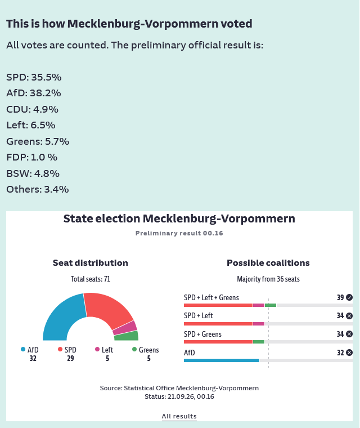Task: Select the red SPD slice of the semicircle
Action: tap(109, 309)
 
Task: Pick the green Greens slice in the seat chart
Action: tap(127, 336)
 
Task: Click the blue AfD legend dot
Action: tap(23, 349)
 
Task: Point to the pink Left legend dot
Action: tap(97, 349)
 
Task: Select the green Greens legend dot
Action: tap(134, 349)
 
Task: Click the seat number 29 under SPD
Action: tap(70, 358)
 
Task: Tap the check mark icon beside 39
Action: tap(349, 297)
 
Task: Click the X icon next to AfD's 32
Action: tap(349, 353)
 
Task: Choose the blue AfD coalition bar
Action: tap(222, 360)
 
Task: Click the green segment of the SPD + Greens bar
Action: tap(259, 342)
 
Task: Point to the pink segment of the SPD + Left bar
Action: tap(259, 324)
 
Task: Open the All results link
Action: tap(179, 417)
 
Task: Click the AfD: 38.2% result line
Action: tap(34, 93)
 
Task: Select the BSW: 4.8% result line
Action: tap(33, 173)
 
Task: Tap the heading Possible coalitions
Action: tap(268, 263)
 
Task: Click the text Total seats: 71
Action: tap(91, 279)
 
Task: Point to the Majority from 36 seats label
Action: tap(268, 279)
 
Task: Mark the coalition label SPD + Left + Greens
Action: tap(211, 297)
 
